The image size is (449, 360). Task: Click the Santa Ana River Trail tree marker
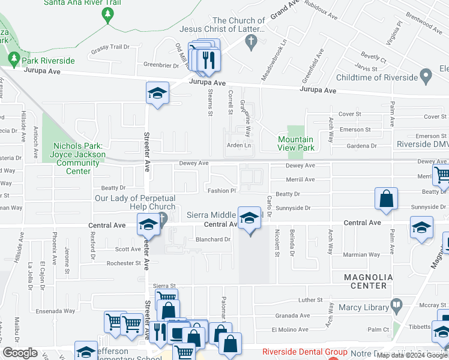coord(108,14)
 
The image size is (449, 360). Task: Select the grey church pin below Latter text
coord(252,42)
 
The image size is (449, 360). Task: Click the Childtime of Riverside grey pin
coord(426,76)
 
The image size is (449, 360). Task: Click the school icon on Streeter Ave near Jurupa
coord(157,93)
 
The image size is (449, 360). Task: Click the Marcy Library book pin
coord(396,305)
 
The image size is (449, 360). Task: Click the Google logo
coord(20,353)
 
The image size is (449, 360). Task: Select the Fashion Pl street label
coord(222,191)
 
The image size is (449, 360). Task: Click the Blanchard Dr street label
coord(213,239)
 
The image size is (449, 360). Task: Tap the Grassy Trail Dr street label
coord(110,47)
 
